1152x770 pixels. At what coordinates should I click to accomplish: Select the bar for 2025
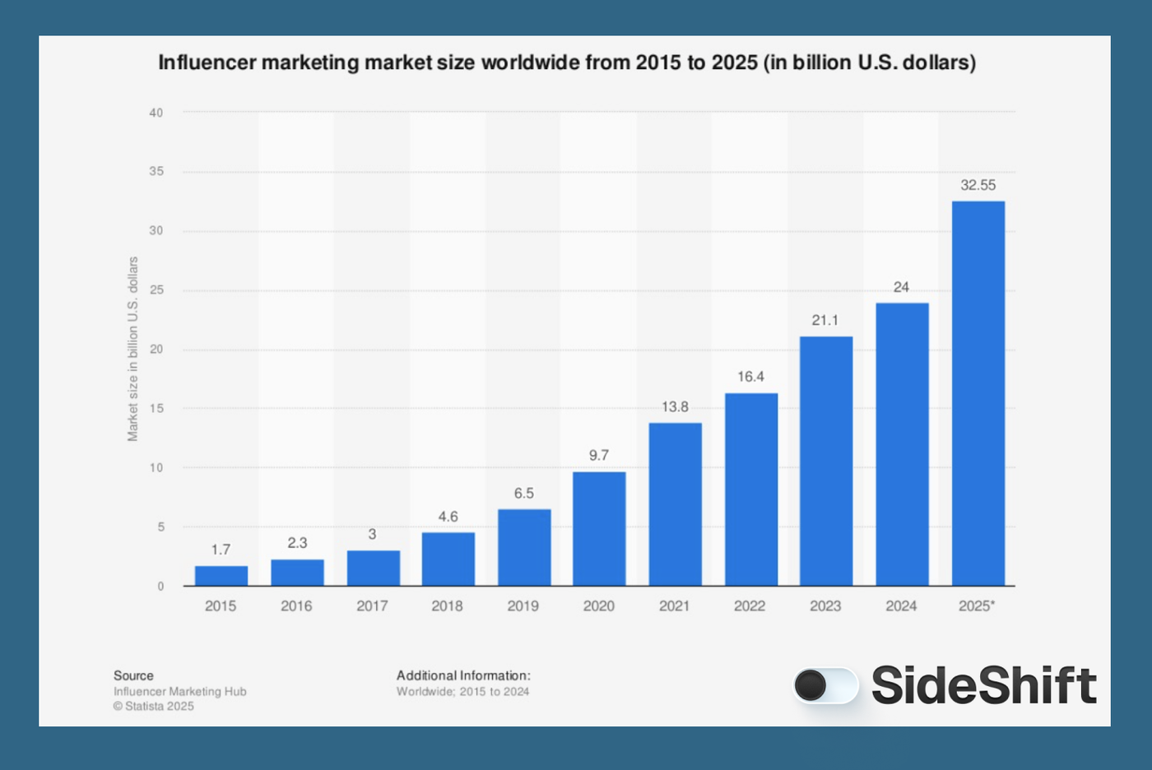tap(978, 393)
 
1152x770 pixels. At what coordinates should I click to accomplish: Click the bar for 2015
tap(221, 576)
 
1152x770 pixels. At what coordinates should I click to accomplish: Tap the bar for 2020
tap(599, 528)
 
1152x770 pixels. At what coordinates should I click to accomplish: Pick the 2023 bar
tap(825, 461)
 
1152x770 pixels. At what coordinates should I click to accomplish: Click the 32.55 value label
tap(978, 185)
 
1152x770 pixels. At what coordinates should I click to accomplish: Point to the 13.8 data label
tap(675, 406)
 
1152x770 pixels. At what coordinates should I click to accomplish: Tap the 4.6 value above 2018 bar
tap(448, 517)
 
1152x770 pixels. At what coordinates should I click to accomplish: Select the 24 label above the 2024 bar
tap(901, 287)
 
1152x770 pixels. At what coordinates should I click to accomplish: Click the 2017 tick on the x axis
tap(372, 605)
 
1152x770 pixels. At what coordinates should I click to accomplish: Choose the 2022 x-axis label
tap(750, 605)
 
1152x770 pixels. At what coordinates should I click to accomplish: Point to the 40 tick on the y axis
tap(156, 113)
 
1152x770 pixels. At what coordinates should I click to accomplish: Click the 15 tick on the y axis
tap(156, 408)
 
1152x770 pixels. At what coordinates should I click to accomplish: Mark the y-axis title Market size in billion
tap(132, 349)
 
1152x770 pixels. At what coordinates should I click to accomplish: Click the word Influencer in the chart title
tap(207, 63)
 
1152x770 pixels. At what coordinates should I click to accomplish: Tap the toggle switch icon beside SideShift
tap(825, 684)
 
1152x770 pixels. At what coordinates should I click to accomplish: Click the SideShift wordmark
tap(983, 684)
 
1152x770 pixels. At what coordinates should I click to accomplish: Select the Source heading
tap(133, 675)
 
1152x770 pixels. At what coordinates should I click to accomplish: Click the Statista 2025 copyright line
tap(154, 706)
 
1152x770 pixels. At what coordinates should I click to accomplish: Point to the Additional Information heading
tap(463, 675)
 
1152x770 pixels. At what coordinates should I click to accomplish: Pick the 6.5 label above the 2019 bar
tap(523, 493)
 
